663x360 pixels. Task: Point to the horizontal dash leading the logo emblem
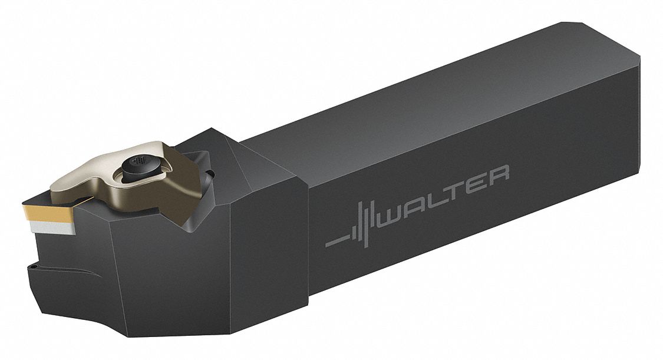[x=337, y=241]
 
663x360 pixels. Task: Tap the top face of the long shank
[x=442, y=100]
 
